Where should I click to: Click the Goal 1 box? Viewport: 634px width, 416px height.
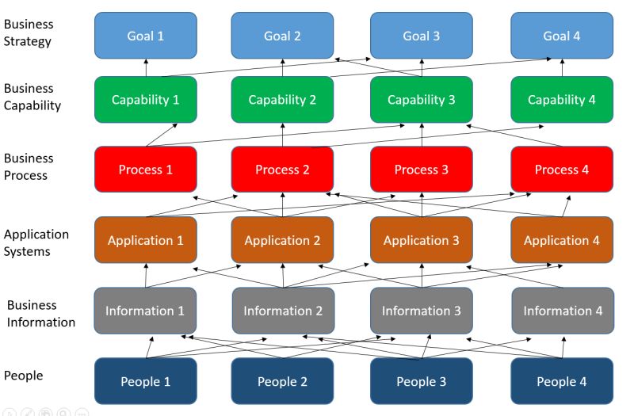point(146,36)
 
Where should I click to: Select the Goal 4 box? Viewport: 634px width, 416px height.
point(562,36)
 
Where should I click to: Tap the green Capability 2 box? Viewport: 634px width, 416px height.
point(283,100)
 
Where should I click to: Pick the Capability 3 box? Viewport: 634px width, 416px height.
point(422,100)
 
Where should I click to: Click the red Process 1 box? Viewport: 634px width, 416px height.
point(146,170)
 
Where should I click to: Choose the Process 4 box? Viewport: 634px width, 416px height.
point(562,170)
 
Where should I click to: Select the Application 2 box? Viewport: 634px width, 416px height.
point(283,240)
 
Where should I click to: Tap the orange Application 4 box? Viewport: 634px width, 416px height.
point(562,240)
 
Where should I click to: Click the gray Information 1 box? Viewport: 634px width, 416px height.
point(146,311)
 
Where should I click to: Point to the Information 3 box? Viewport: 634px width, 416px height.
point(422,311)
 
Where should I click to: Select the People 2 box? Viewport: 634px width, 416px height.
point(283,381)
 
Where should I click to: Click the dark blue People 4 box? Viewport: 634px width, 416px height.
point(562,381)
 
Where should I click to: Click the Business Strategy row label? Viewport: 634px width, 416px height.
point(29,33)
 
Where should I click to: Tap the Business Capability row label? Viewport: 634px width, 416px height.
point(32,97)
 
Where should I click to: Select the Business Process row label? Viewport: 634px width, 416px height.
point(29,166)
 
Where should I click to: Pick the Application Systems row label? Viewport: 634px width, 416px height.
point(36,242)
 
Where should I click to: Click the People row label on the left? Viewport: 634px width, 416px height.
point(24,375)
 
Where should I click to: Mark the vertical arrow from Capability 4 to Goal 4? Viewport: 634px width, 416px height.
point(562,67)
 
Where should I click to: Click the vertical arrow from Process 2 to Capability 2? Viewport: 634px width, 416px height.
point(283,135)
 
